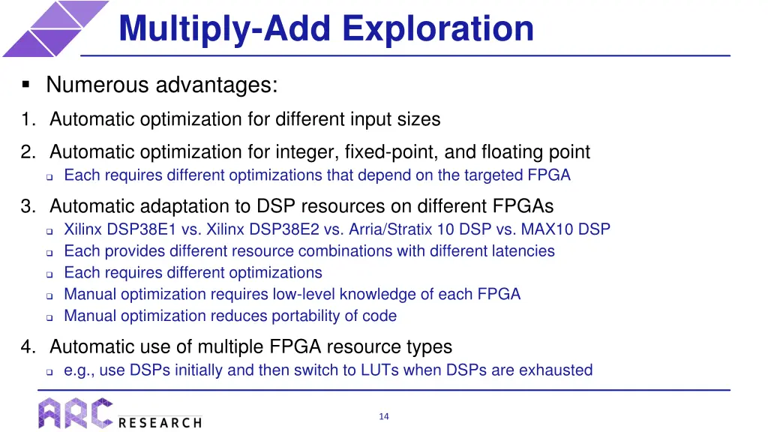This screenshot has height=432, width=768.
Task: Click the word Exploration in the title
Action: (438, 28)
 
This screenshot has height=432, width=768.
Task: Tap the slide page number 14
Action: (383, 417)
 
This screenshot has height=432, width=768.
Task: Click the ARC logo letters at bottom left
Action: (76, 413)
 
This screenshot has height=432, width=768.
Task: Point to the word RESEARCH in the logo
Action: (160, 423)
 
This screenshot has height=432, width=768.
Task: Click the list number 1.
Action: (27, 119)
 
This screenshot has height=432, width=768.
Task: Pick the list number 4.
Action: (27, 346)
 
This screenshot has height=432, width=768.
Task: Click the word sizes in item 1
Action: (418, 119)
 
